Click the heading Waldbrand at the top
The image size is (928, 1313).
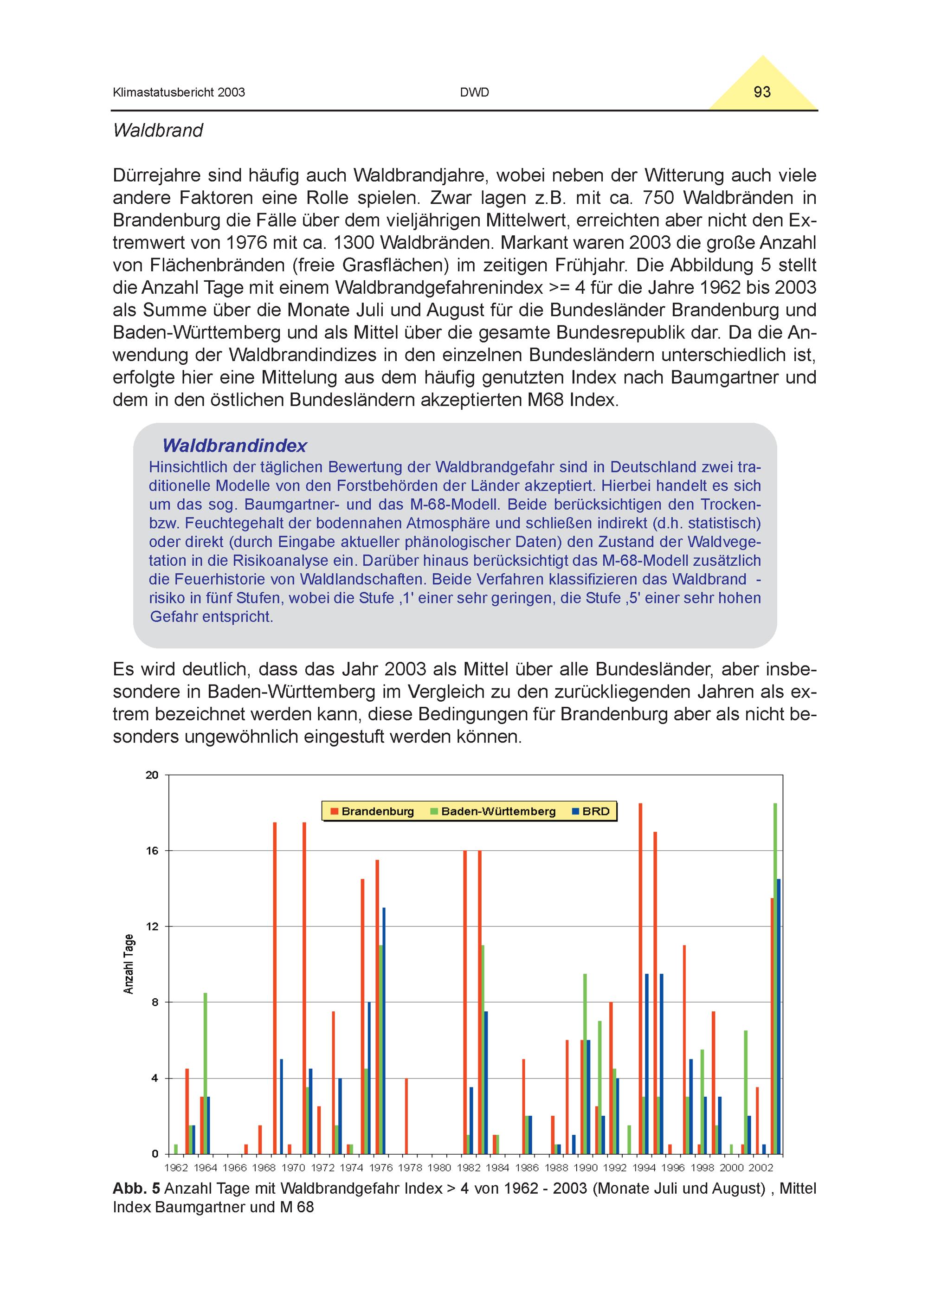[x=158, y=130]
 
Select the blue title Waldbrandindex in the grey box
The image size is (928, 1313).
[x=234, y=446]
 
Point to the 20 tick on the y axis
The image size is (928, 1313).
[x=152, y=776]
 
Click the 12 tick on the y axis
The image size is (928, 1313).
[x=152, y=926]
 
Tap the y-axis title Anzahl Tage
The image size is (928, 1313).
[x=129, y=964]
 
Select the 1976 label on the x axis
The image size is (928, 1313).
[x=381, y=1168]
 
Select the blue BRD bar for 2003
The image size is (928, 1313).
[x=779, y=1018]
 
